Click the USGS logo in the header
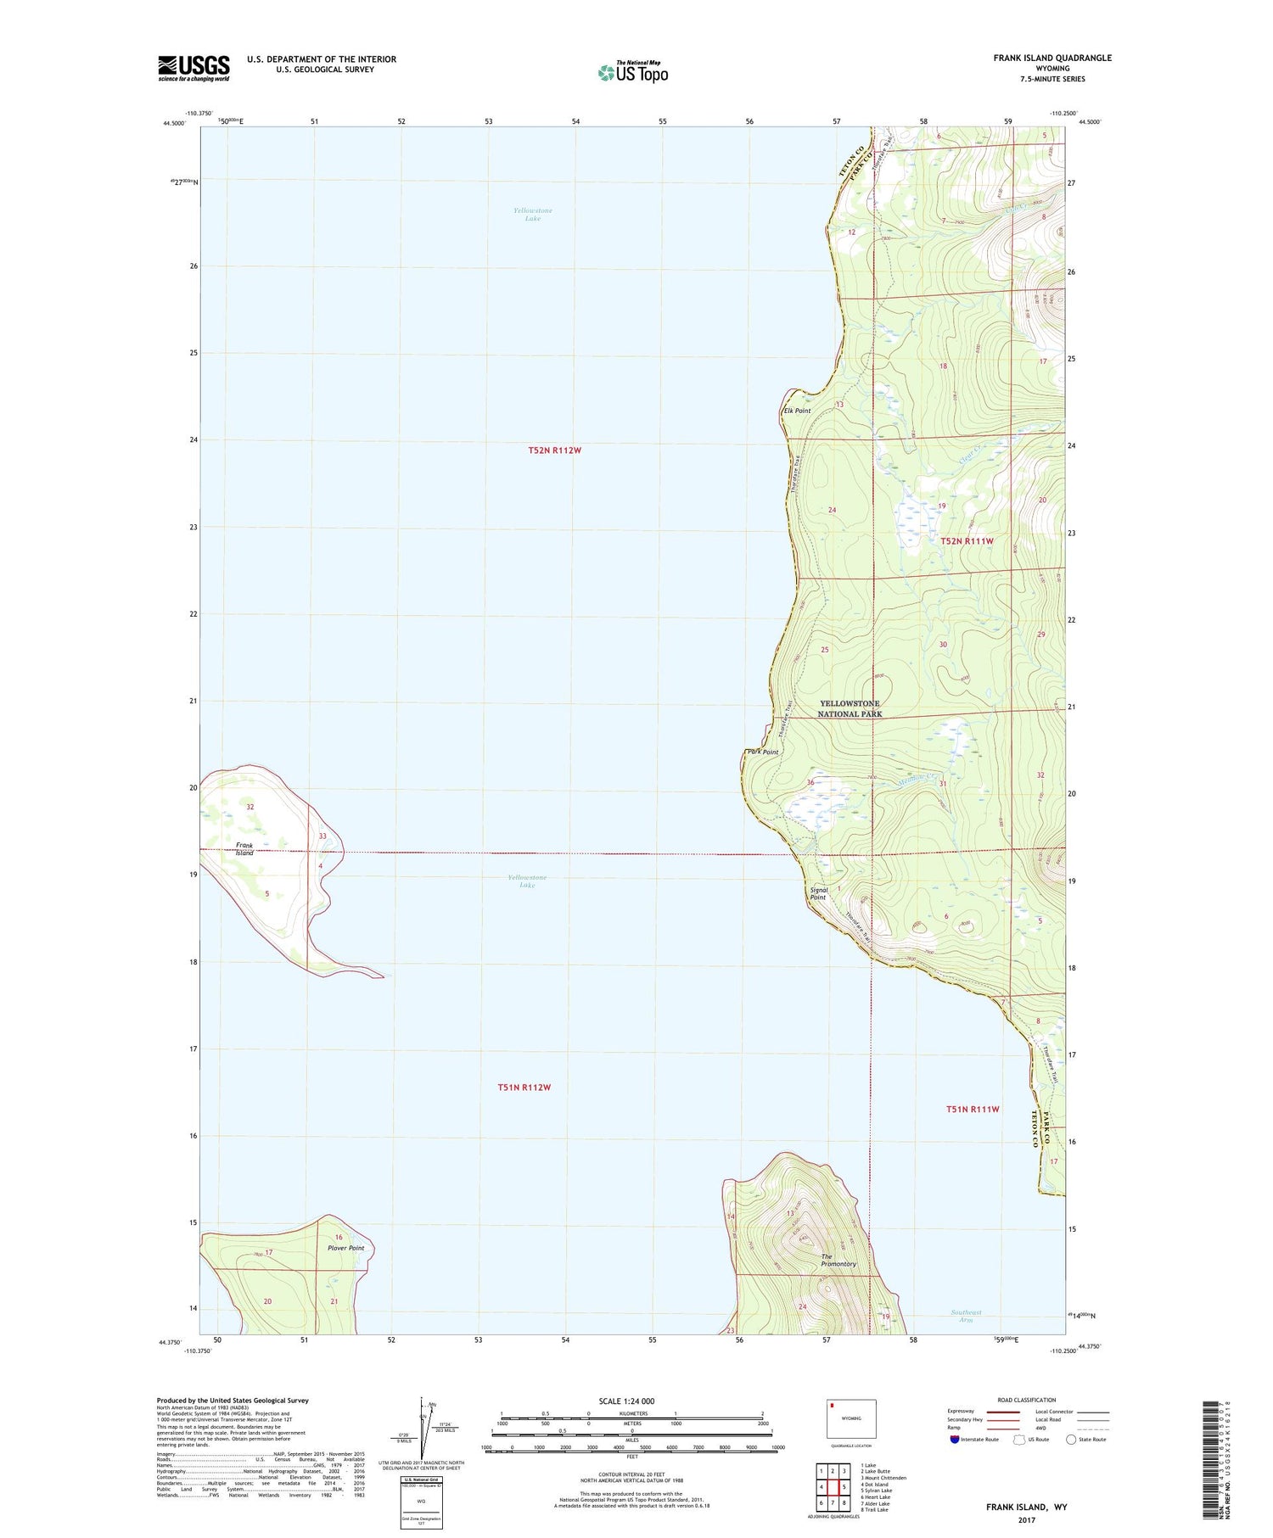click(193, 68)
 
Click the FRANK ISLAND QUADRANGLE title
click(1052, 58)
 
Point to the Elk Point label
click(797, 411)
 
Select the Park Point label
click(762, 752)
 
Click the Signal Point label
click(818, 893)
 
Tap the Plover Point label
click(345, 1248)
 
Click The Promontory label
click(838, 1260)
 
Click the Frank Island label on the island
click(244, 849)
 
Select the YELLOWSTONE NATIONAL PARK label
click(850, 708)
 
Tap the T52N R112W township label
click(554, 450)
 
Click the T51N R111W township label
click(973, 1109)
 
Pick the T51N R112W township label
click(524, 1087)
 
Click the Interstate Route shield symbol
click(955, 1439)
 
